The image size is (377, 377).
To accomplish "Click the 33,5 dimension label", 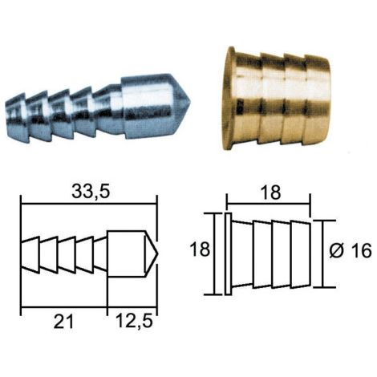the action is [91, 192].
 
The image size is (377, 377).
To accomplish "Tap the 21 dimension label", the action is [63, 322].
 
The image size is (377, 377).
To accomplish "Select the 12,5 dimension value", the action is [134, 321].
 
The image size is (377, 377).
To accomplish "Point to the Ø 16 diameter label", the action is [351, 251].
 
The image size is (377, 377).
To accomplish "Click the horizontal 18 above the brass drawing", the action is [271, 193].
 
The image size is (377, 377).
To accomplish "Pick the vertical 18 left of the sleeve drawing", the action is [200, 250].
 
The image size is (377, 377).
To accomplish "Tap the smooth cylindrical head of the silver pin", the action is [146, 107].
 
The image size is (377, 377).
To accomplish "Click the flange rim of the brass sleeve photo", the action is [228, 99].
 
